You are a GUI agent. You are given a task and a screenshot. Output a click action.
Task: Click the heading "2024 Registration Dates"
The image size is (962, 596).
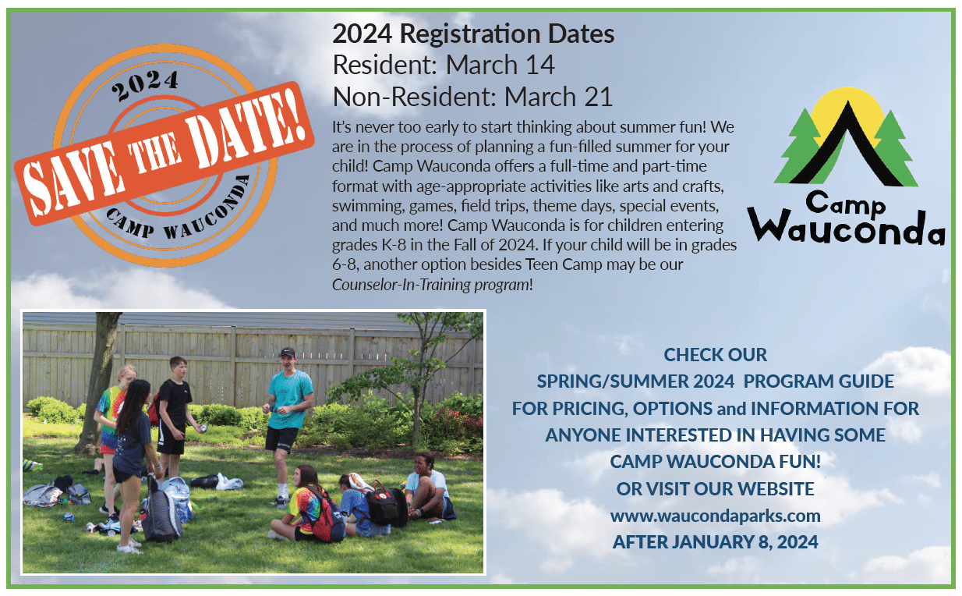coord(473,34)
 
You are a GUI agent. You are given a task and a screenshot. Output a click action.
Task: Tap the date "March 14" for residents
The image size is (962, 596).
coord(500,65)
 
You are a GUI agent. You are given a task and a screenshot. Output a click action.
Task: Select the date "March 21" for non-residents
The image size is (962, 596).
coord(558,96)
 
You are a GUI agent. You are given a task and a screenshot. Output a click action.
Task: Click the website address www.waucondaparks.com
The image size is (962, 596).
coord(715,516)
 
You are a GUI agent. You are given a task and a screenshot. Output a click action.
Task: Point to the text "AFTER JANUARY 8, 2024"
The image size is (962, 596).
coord(715,542)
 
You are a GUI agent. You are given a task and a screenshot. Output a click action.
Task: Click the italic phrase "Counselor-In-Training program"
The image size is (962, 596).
coord(430,285)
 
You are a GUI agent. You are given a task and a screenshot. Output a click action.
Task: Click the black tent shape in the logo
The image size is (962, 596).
coord(846,146)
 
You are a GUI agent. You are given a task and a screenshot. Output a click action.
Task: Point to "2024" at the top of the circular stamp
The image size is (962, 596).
coord(145,85)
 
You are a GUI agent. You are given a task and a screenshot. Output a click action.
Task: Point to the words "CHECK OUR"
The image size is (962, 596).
coord(715,355)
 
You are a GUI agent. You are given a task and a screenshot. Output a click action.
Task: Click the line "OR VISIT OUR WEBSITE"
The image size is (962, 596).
coord(715,489)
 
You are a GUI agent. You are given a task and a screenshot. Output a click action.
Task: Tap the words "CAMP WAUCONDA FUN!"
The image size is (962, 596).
coord(715,462)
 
